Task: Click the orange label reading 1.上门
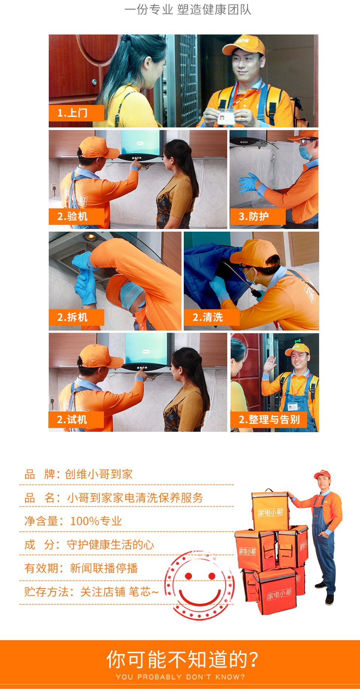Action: pos(76,113)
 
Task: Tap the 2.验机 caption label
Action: pos(76,217)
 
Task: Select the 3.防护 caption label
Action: pos(258,217)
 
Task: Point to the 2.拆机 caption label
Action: pos(76,317)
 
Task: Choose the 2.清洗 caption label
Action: pos(211,317)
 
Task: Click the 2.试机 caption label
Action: pos(76,420)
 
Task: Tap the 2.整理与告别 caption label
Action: pos(268,420)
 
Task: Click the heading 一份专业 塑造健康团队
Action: pos(188,10)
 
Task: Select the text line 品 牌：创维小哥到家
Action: pos(78,474)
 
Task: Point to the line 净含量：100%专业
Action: pos(73,521)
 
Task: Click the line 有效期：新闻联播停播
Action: pos(81,568)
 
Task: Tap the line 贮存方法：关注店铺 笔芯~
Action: pos(91,592)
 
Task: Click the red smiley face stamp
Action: pos(200,585)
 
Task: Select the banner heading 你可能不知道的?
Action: pos(183,660)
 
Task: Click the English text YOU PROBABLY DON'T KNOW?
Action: pos(180,677)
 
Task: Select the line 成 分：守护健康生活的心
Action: pos(89,545)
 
